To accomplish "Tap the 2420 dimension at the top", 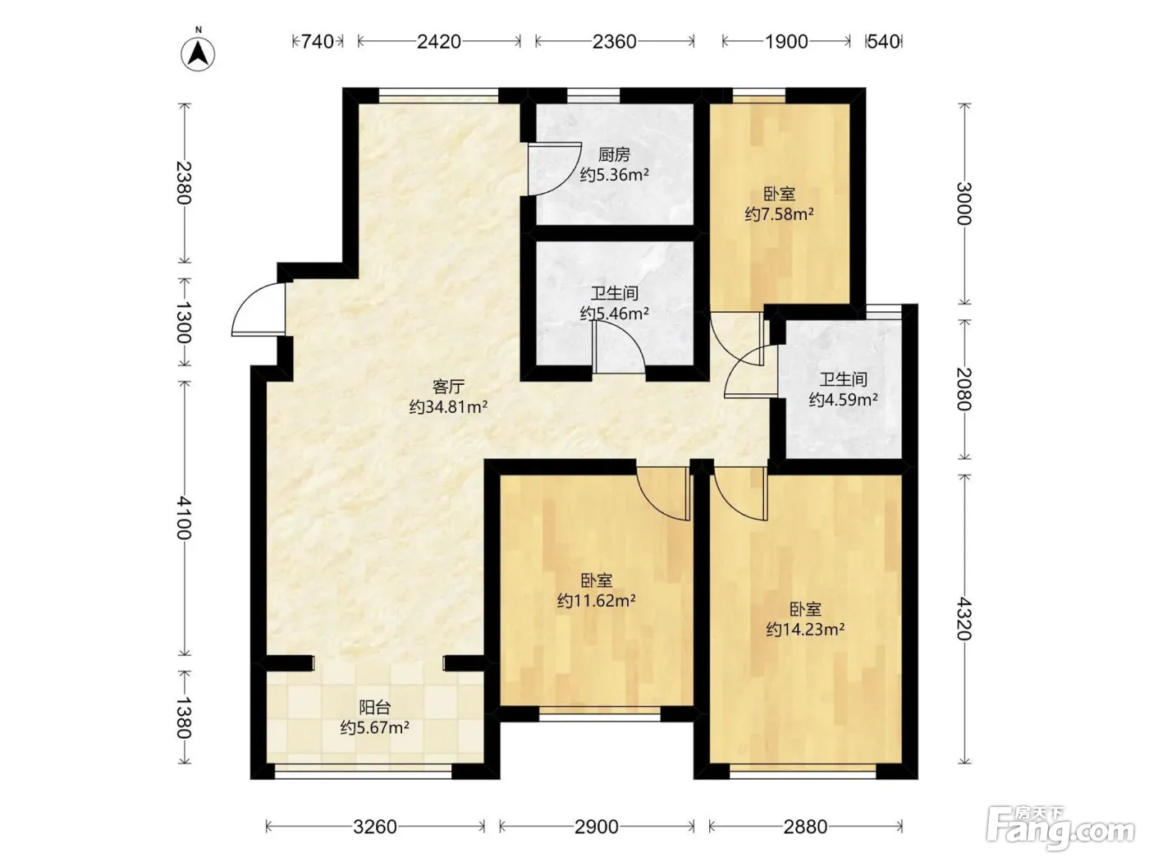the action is pos(438,41).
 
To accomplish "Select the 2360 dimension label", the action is pos(614,41).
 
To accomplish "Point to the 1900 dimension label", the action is pos(786,41).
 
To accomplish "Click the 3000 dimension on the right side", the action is pos(964,204).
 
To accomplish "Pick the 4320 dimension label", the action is pos(964,619).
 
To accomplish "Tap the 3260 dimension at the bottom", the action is pos(375,827).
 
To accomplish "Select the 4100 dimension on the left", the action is pos(184,518).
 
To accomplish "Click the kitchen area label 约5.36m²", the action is pos(614,174).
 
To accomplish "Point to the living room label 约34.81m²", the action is pos(449,406).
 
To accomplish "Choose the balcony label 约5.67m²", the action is pos(375,727).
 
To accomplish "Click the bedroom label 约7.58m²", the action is pos(779,214).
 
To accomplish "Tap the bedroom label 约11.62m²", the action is pos(596,600).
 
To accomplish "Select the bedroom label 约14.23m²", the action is pos(805,629).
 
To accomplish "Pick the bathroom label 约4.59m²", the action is pos(844,400).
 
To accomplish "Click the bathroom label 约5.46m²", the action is pos(614,313).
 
